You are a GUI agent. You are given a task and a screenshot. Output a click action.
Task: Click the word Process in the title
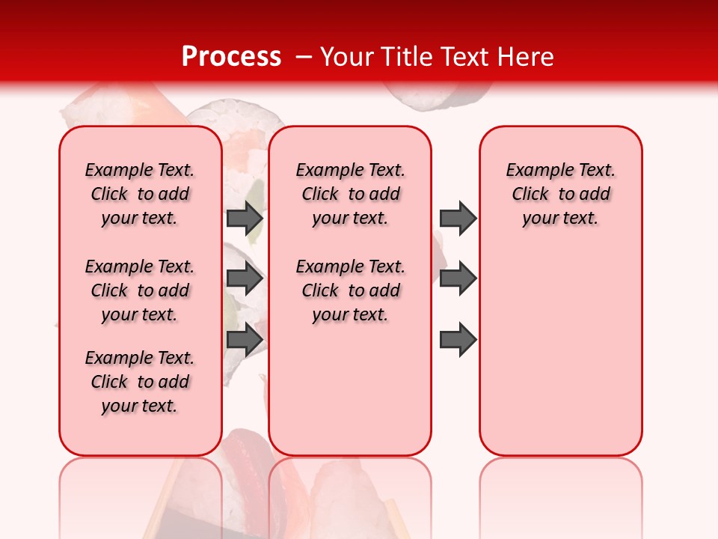tap(231, 57)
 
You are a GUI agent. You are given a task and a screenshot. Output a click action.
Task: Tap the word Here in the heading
tap(527, 57)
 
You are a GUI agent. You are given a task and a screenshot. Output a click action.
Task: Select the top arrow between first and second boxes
tap(245, 219)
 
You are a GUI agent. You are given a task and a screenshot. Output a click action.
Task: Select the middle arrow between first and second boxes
tap(245, 279)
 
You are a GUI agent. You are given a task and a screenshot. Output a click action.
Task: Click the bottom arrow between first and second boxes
tap(245, 340)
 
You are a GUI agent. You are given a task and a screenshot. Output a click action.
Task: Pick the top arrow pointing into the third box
tap(458, 219)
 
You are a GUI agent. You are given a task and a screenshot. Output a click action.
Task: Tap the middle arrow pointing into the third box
tap(458, 279)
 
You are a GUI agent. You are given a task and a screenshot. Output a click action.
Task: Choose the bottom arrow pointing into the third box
tap(458, 340)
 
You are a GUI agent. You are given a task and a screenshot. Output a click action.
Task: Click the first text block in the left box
tap(140, 194)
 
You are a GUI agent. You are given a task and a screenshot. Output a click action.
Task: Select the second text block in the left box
tap(140, 290)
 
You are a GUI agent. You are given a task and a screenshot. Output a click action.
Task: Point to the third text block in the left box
tap(140, 382)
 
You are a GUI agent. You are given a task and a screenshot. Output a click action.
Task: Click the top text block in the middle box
tap(350, 194)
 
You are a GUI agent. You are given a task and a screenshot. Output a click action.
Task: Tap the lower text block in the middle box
tap(350, 290)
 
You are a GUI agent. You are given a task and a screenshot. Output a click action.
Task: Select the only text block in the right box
tap(560, 194)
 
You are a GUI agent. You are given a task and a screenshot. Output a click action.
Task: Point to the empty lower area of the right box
tap(560, 352)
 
